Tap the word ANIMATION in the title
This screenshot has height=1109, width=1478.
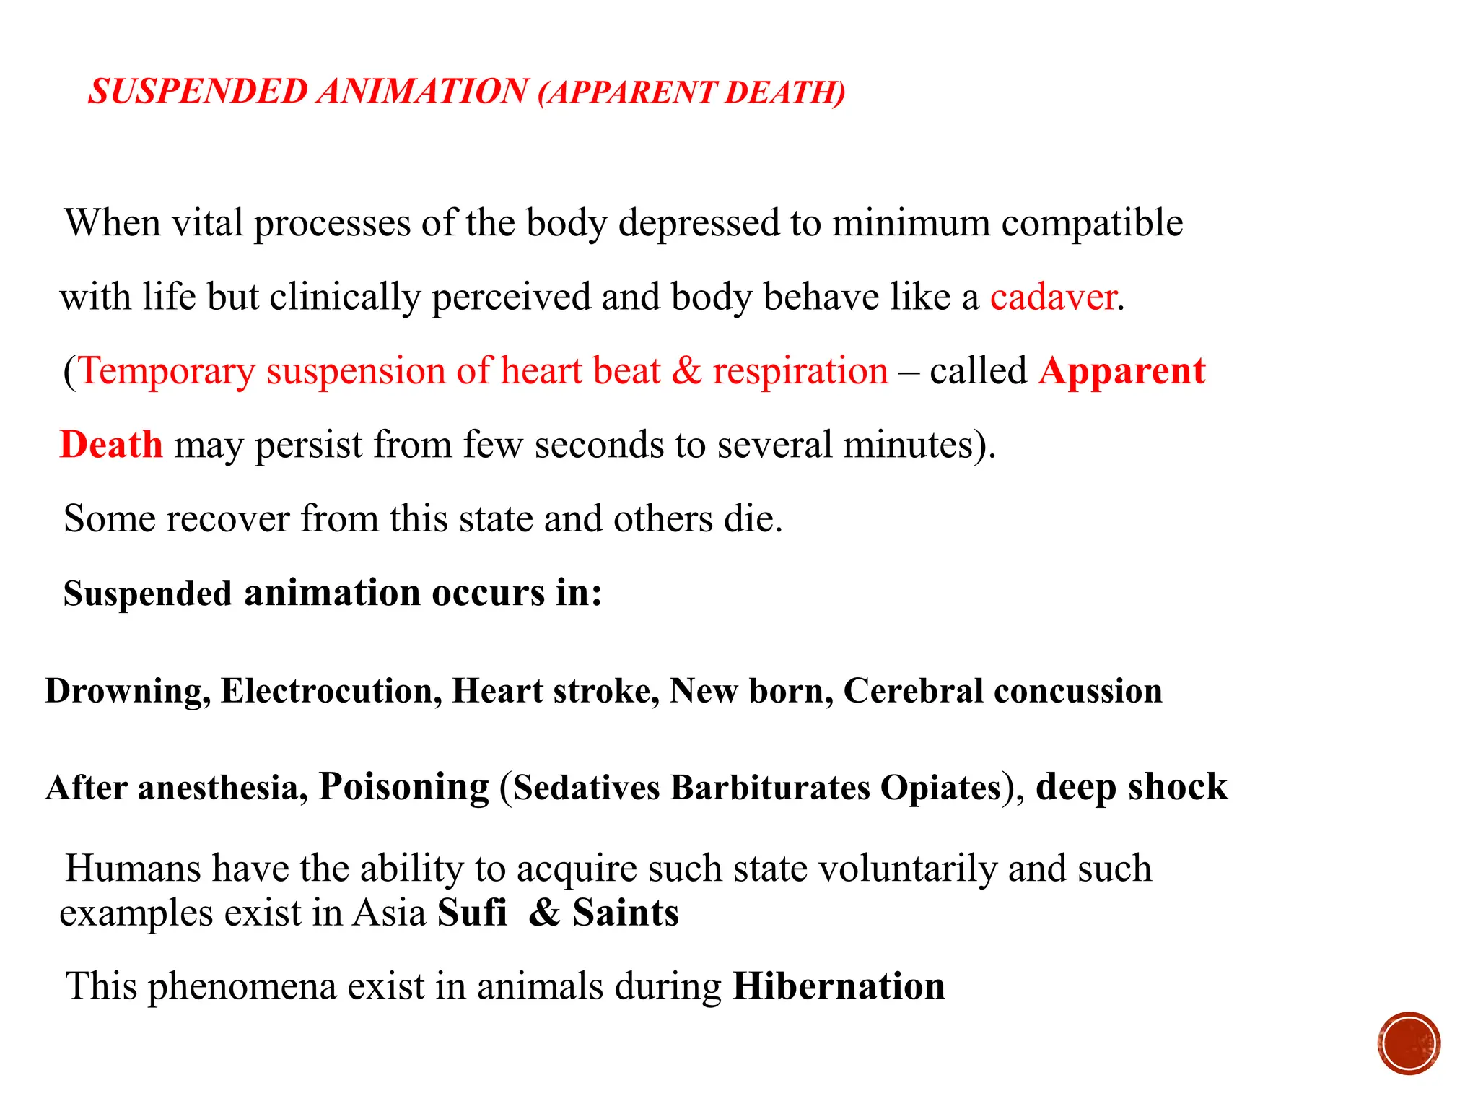coord(423,92)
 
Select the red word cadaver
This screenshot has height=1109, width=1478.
coord(1053,297)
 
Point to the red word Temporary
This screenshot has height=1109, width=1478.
coord(167,371)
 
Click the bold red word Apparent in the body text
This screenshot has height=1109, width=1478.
coord(1121,371)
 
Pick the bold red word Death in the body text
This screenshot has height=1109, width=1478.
coord(111,445)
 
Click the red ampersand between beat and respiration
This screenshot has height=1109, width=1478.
coord(686,371)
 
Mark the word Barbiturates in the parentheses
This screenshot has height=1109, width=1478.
coord(770,787)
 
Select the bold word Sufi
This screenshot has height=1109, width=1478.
coord(472,913)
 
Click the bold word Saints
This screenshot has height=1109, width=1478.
coord(626,913)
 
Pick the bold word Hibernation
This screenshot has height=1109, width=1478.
coord(839,986)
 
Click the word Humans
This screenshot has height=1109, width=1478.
coord(133,868)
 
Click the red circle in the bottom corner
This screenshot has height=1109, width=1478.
coord(1409,1043)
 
